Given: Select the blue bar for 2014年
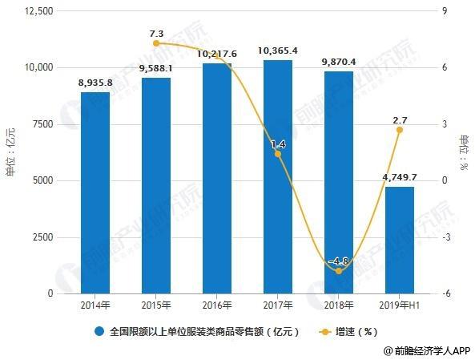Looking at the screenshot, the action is (x=95, y=193).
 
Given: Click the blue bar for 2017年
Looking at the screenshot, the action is (x=278, y=177).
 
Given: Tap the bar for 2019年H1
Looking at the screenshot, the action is (x=400, y=241).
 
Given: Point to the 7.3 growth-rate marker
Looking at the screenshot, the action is (x=156, y=43).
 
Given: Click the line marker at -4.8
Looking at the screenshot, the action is (x=339, y=271).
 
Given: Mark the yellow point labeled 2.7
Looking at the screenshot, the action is (x=400, y=130).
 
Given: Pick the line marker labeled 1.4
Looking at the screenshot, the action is (x=278, y=154).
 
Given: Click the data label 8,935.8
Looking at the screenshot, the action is (x=95, y=83).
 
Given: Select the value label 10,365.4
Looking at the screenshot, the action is (x=278, y=51).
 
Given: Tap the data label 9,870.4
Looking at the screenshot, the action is (x=339, y=63).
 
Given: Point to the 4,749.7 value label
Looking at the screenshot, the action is (x=400, y=177).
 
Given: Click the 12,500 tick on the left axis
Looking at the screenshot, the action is (x=38, y=11).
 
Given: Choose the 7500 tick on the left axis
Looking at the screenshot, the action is (x=42, y=124).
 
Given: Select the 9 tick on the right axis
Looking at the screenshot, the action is (x=445, y=11).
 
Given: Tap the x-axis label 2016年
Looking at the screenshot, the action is (x=217, y=305).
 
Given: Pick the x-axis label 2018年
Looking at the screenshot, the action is (x=339, y=305).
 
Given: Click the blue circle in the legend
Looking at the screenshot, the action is (x=99, y=332).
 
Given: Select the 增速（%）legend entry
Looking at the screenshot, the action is (x=348, y=332).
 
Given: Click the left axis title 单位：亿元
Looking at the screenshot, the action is (x=10, y=152).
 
